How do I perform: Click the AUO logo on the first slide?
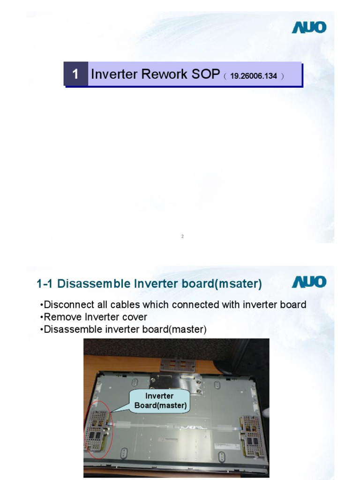tap(309, 27)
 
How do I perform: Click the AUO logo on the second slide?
tap(309, 282)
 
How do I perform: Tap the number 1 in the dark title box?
tap(75, 74)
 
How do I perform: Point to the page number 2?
tap(182, 236)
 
